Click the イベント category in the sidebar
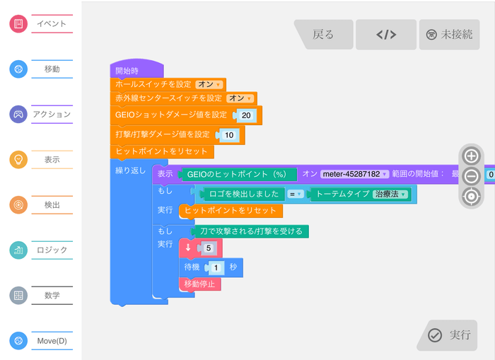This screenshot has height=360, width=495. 42,24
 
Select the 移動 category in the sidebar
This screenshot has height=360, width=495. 42,69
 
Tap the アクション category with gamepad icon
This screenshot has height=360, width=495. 42,114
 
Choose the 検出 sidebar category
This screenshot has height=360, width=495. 42,204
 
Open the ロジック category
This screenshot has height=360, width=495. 42,250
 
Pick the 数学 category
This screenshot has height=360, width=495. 42,295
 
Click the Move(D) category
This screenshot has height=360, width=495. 42,341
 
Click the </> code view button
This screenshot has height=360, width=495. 385,34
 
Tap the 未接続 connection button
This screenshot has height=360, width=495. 449,34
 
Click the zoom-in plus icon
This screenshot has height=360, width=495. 471,156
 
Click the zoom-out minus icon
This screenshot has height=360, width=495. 471,176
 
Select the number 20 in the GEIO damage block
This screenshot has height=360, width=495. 245,115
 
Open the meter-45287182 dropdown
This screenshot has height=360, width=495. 354,174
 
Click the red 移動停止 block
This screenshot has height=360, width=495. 201,284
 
